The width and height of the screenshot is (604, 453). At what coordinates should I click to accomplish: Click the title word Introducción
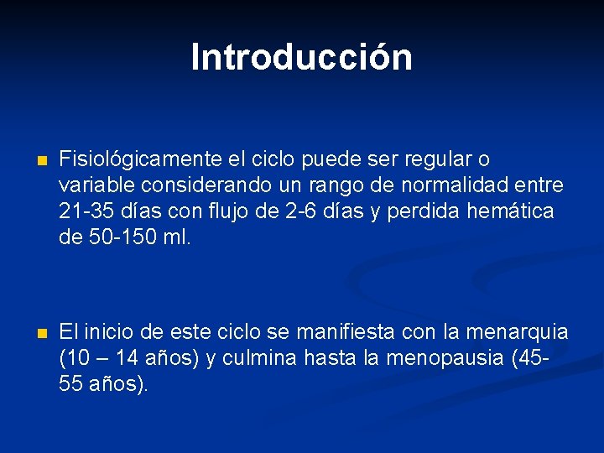[301, 58]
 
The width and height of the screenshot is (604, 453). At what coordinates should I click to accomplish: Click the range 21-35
[86, 211]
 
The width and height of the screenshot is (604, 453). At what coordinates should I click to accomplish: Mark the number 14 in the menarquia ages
[127, 359]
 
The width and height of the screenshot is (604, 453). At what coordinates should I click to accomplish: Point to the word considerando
[195, 185]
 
